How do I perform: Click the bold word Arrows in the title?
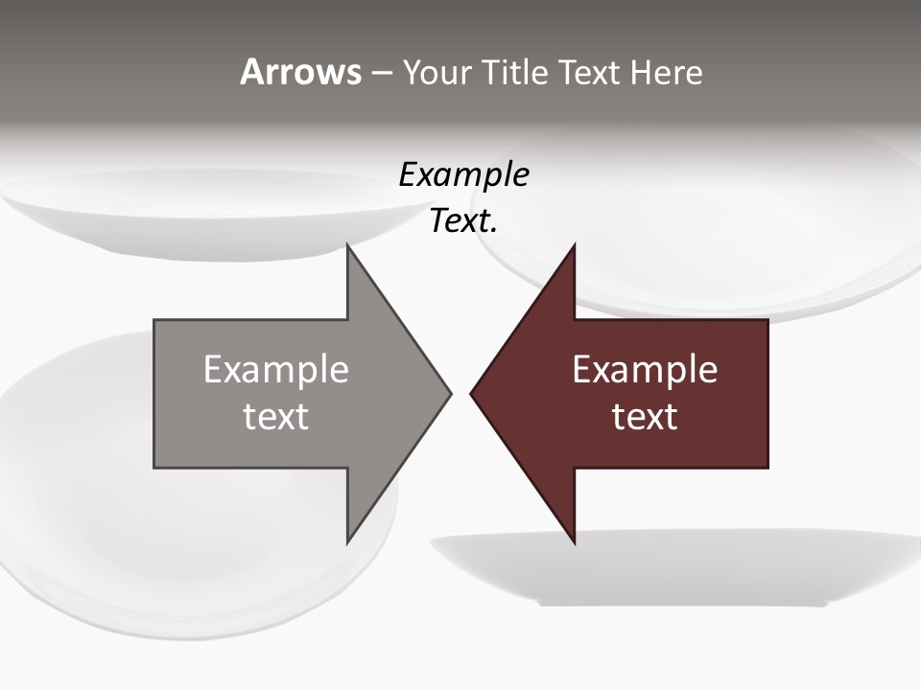point(300,72)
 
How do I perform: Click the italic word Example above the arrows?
point(463,175)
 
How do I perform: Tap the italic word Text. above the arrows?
point(463,221)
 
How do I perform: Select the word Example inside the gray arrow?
point(276,370)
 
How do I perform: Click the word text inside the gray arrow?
point(276,417)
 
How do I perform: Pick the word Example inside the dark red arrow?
point(645,370)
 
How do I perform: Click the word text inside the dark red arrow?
point(645,417)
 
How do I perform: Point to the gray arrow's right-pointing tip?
point(448,393)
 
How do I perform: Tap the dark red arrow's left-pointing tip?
point(473,393)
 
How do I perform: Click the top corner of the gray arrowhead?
point(349,248)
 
